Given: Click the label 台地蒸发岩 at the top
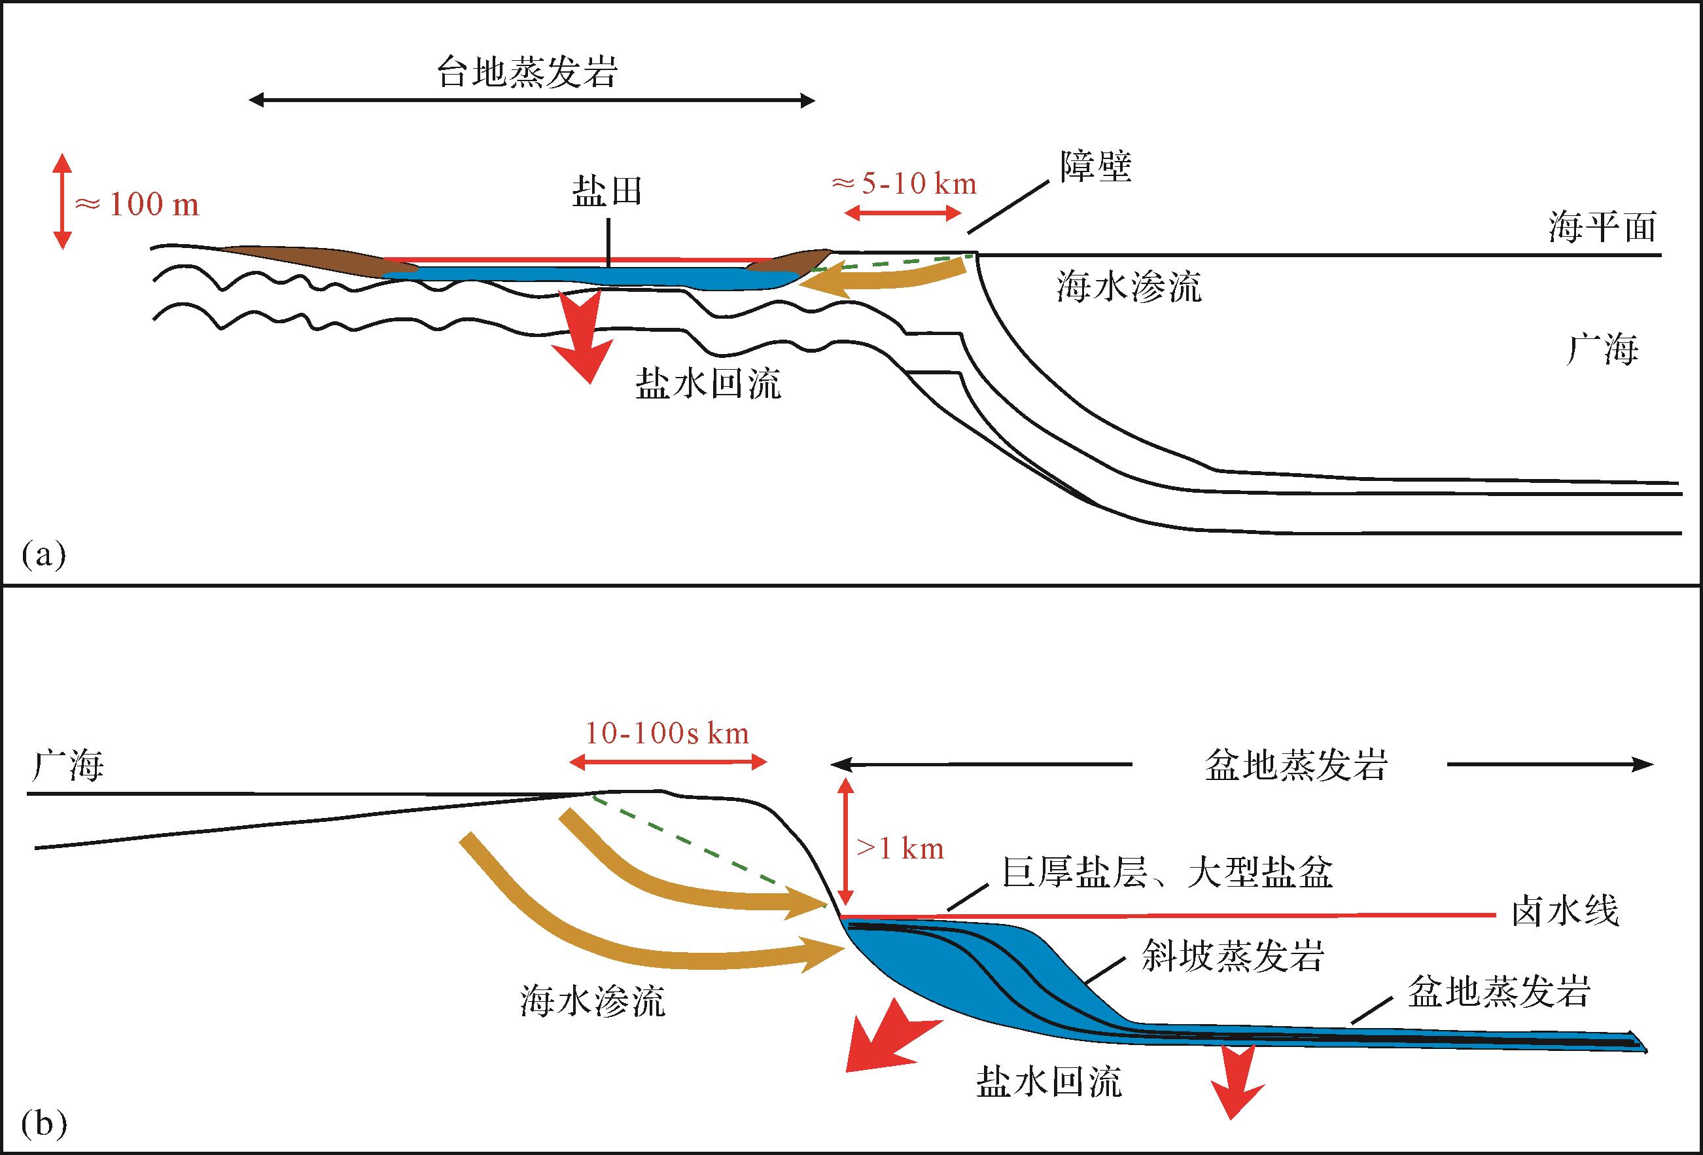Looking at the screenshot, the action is (527, 73).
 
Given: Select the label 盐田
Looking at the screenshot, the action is (606, 192).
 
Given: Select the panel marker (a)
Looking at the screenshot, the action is (44, 554).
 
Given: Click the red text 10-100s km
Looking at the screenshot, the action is (667, 733).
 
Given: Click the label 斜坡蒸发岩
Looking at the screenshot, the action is (1233, 955).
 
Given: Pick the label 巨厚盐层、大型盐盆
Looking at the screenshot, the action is (1167, 873).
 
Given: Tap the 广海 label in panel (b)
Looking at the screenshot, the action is (67, 766).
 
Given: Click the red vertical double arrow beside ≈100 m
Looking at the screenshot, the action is (62, 201).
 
